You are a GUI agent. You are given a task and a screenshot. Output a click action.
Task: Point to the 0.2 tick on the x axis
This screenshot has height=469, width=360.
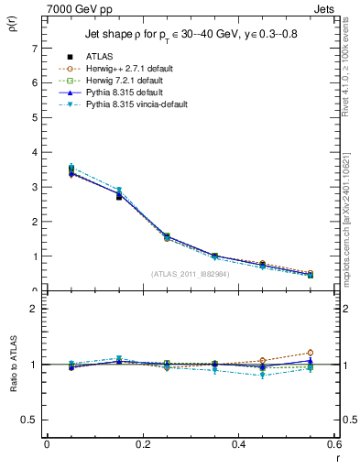(142, 444)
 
